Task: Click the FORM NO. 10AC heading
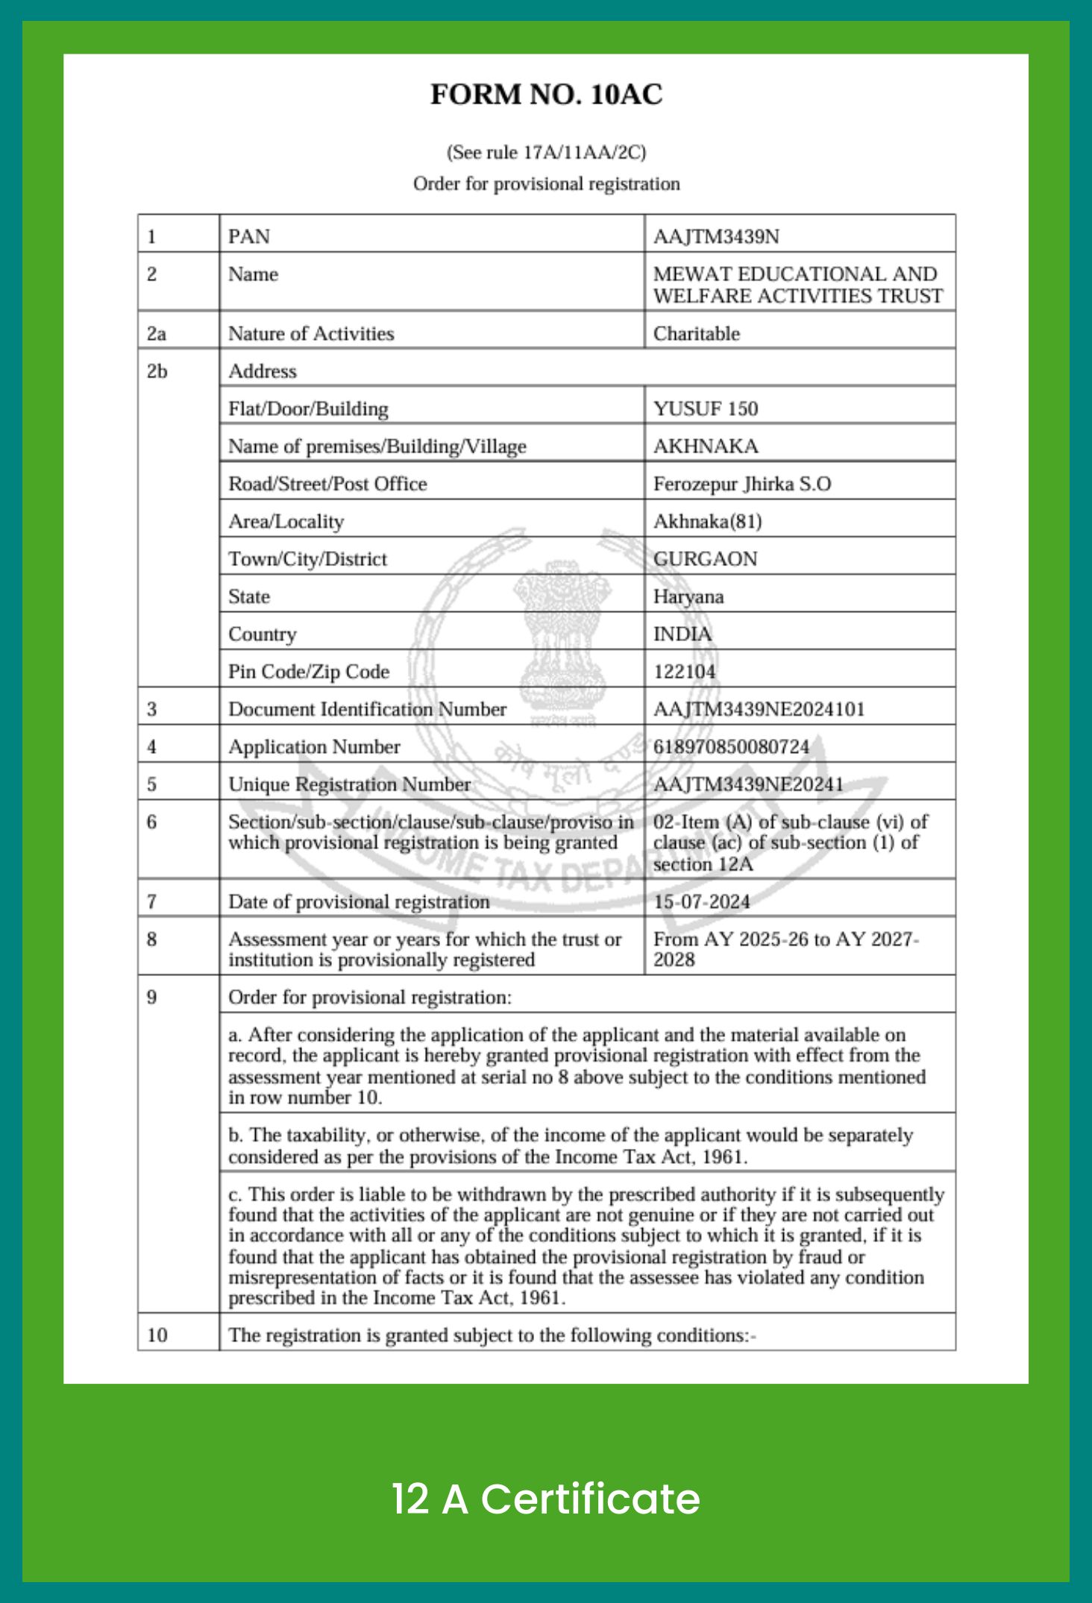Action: pos(546,95)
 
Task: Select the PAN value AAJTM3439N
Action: pos(716,236)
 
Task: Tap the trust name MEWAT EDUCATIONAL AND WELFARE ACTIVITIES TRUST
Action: pos(797,285)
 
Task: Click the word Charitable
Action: pos(696,333)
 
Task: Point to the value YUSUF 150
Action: pos(705,409)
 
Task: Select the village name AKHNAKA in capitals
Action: pos(706,446)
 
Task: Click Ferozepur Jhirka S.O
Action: pos(741,484)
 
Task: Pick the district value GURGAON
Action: pos(705,559)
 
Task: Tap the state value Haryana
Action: pos(688,596)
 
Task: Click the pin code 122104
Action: pos(684,672)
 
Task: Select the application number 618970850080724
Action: pos(731,746)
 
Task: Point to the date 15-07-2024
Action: pos(701,901)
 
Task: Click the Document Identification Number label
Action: pos(367,709)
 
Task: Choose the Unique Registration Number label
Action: pos(349,784)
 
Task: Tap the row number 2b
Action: pos(157,371)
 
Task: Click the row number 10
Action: pos(157,1335)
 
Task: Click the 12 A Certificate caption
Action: pos(546,1499)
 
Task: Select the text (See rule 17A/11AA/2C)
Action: pos(546,153)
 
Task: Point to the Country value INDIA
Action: pos(682,634)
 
